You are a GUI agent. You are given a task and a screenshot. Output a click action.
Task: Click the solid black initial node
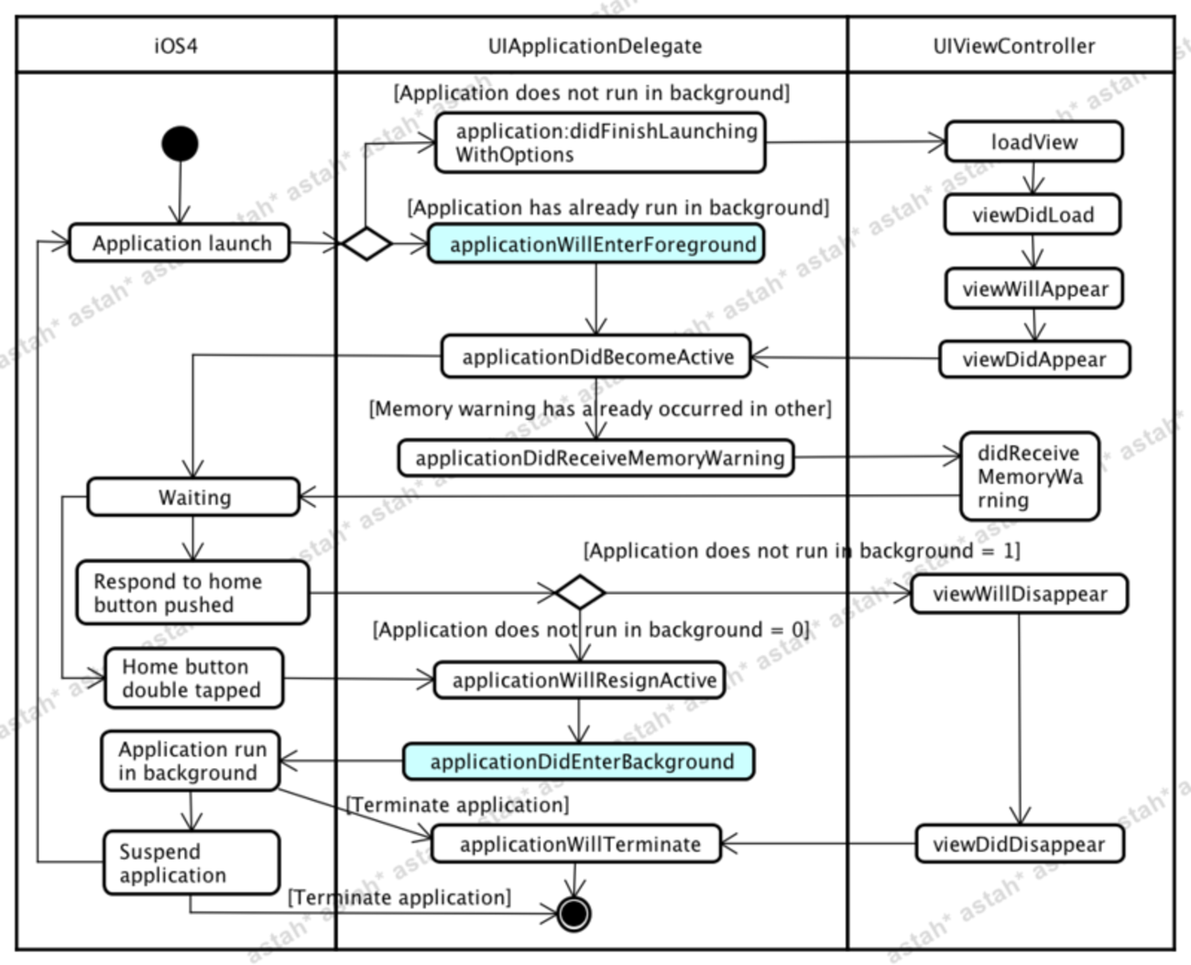click(x=180, y=144)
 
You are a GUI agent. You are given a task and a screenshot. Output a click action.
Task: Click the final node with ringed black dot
click(x=574, y=914)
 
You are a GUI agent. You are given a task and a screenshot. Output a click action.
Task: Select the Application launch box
click(x=180, y=244)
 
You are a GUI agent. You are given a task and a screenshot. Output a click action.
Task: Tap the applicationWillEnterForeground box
click(x=596, y=245)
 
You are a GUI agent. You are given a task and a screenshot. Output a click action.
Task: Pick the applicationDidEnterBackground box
click(x=579, y=762)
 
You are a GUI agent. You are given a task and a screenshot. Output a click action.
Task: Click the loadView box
click(x=1033, y=142)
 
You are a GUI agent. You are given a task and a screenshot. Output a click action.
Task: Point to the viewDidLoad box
click(x=1033, y=215)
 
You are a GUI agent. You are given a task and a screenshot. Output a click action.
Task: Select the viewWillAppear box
click(x=1034, y=289)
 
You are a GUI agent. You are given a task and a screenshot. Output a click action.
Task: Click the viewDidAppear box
click(x=1034, y=359)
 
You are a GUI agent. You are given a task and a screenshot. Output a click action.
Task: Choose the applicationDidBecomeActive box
click(x=595, y=356)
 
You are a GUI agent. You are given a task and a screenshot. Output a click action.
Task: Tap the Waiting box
click(x=193, y=498)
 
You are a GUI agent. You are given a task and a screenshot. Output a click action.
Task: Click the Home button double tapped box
click(x=193, y=679)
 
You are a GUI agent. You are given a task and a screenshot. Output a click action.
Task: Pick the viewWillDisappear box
click(x=1019, y=594)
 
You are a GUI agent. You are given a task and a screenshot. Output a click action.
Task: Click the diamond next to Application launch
click(x=366, y=244)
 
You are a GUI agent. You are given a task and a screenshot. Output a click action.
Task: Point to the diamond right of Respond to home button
click(x=580, y=592)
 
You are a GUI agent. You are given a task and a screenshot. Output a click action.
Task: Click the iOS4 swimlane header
click(x=176, y=46)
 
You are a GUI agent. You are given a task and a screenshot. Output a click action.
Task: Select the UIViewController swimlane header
click(x=1013, y=46)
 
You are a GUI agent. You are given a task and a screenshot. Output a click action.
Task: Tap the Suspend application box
click(x=191, y=863)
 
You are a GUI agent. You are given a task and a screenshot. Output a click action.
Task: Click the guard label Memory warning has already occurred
click(x=600, y=409)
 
